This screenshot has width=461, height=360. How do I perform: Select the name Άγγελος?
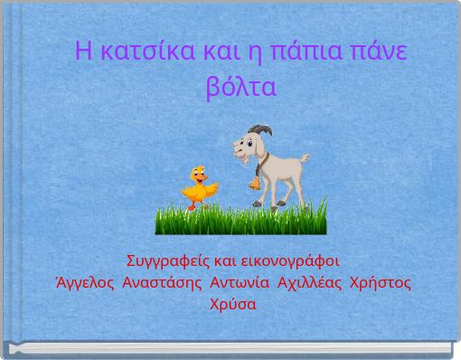(x=86, y=283)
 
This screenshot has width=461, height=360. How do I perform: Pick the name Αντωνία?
(x=241, y=283)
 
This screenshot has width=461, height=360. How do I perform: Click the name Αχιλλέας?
(x=309, y=283)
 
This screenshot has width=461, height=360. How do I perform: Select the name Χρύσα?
(x=232, y=304)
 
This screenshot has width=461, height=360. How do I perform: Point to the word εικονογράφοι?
(x=288, y=262)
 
